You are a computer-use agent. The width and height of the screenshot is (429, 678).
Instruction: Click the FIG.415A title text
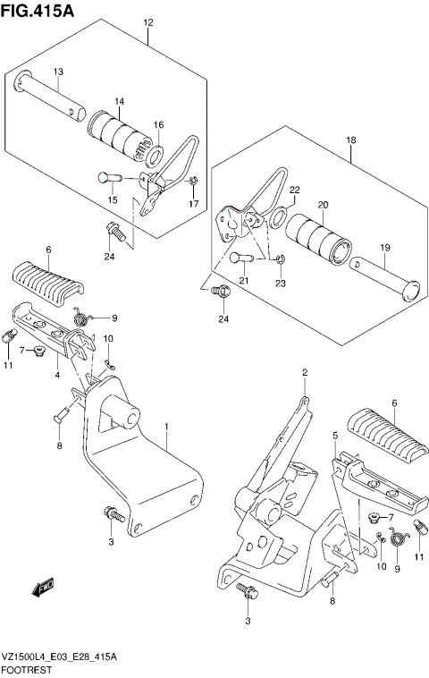coord(38,10)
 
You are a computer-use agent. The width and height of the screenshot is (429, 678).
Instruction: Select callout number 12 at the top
coord(147,23)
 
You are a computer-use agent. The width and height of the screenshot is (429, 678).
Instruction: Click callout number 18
coord(351,140)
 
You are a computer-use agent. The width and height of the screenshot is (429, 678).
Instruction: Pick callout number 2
coord(305,372)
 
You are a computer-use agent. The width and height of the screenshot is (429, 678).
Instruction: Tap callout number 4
coord(57,375)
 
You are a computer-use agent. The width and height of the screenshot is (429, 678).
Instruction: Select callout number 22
coord(294,191)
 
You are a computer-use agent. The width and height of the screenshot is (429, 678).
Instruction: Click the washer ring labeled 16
coord(154,156)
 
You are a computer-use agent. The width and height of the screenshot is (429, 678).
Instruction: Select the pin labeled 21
coord(240,258)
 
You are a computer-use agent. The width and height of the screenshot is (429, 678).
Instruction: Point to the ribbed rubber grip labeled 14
coord(119,134)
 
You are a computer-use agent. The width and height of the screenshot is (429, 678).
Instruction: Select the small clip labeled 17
coord(194,182)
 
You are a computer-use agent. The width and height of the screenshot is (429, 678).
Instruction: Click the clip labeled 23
coord(281,259)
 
